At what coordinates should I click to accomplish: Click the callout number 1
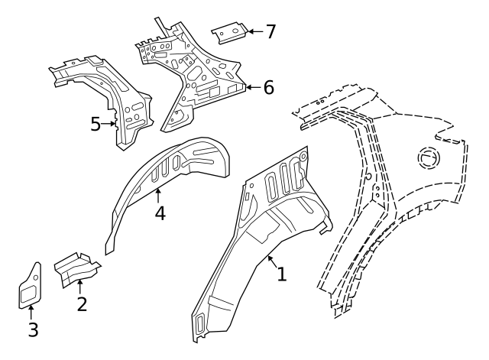pos(282,274)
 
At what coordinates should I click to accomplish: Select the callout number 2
pos(82,304)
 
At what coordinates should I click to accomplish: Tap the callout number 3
pos(33,329)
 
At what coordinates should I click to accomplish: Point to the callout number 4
pos(160,213)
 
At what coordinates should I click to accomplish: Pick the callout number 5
pos(96,124)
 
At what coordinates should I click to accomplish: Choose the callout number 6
pos(269,87)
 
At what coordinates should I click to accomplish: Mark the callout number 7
pos(270,31)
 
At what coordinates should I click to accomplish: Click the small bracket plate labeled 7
pos(230,33)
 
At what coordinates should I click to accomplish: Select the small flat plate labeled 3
pos(30,286)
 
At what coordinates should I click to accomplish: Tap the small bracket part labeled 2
pos(77,270)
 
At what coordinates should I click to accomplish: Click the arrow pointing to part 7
pos(256,31)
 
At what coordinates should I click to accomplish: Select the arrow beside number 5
pos(108,124)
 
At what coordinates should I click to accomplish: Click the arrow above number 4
pos(158,196)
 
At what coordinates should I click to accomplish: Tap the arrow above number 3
pos(31,313)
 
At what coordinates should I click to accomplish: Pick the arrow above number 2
pos(79,287)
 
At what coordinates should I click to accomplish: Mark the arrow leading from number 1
pos(272,261)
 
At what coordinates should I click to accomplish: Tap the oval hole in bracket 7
pos(235,31)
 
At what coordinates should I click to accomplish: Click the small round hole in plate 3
pos(36,277)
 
